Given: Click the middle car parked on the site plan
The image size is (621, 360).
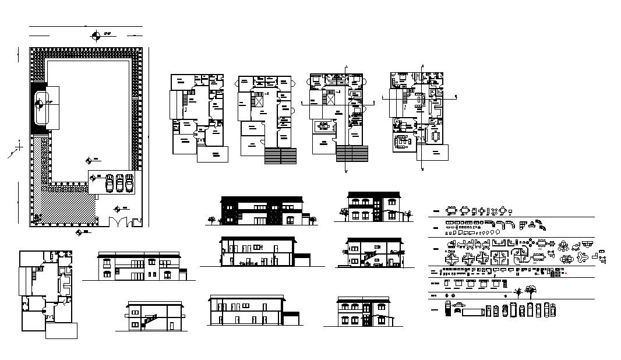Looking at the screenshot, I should (x=119, y=182).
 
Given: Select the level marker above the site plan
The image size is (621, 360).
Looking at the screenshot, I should (x=97, y=37).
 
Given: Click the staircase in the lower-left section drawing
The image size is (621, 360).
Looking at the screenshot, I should (x=150, y=320).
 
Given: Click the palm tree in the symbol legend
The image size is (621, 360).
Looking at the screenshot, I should (x=517, y=290).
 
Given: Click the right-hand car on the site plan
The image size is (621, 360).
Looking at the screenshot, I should (x=129, y=182).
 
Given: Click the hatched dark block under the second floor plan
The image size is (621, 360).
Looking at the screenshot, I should (x=281, y=156).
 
